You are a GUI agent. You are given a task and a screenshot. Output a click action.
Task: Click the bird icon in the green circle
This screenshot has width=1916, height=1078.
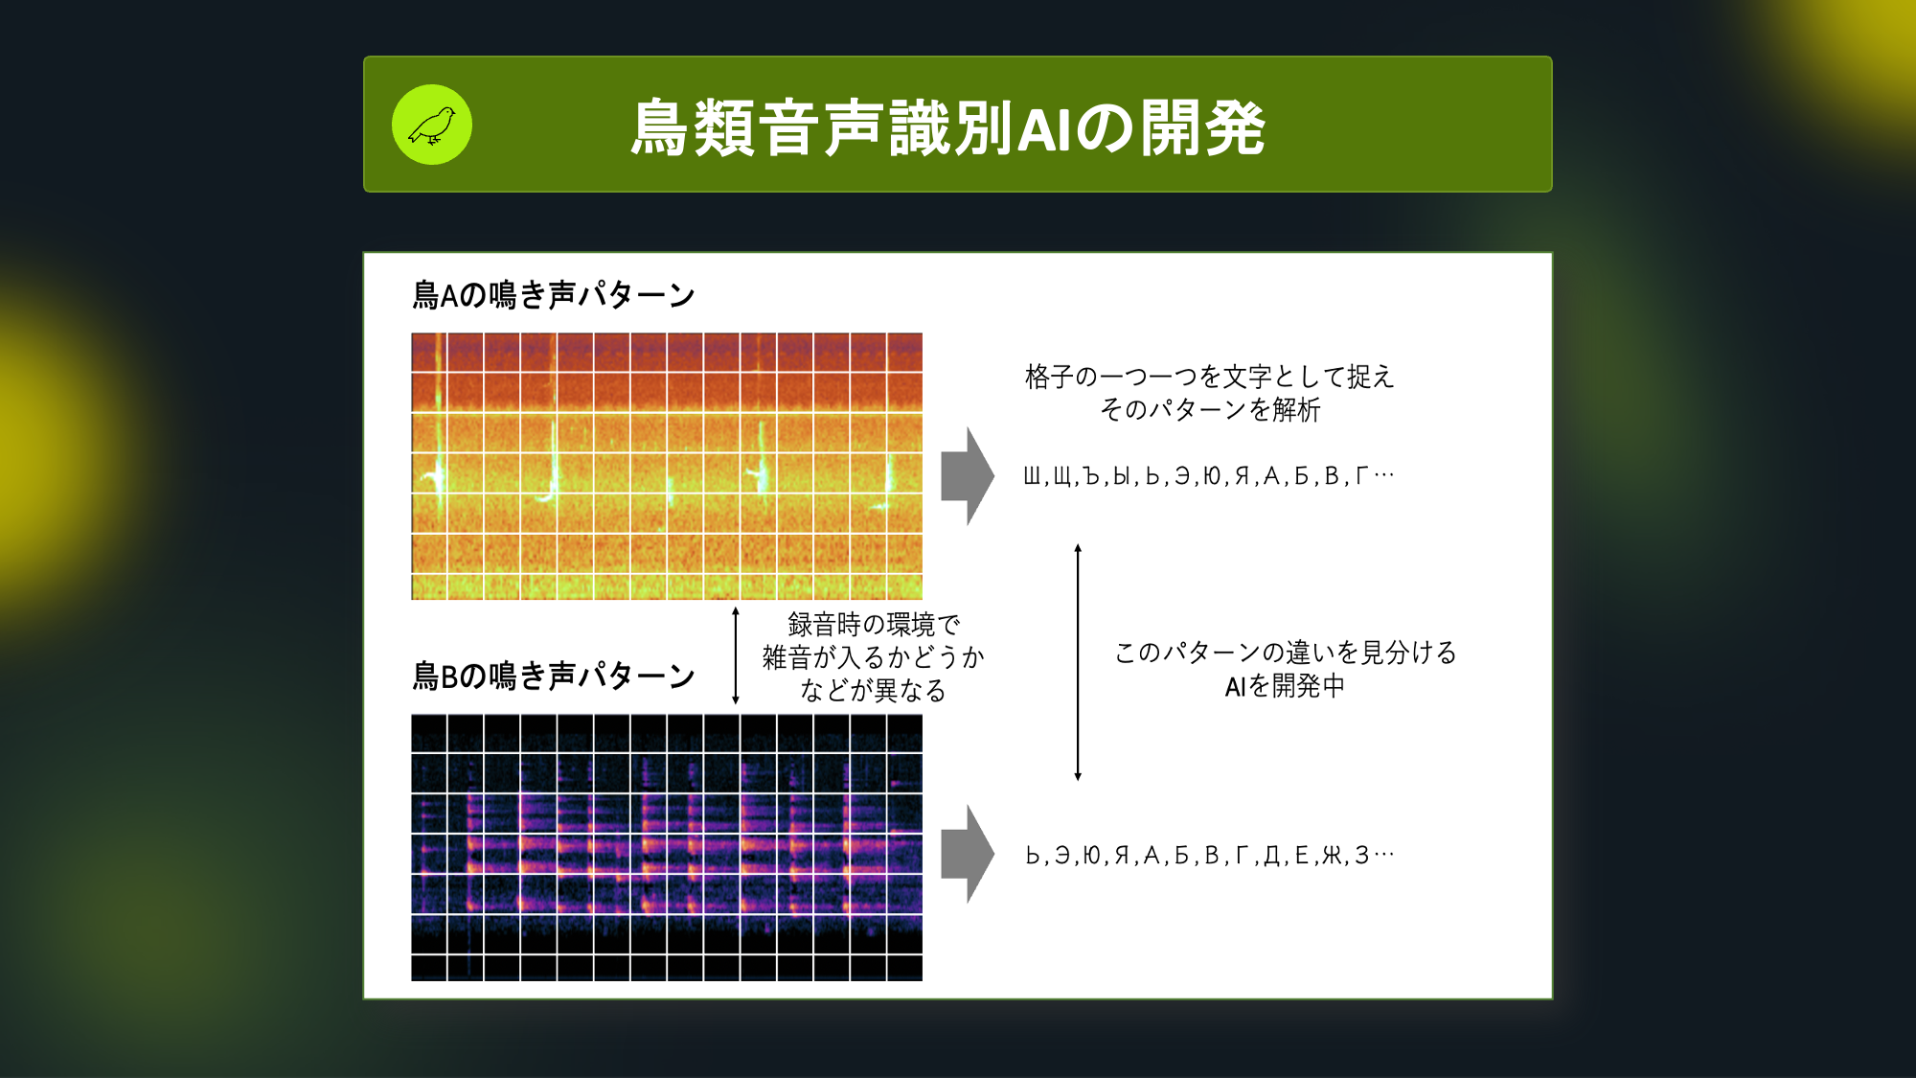point(432,126)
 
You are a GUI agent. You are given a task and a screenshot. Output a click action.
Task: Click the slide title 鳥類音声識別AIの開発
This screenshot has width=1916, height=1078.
point(947,127)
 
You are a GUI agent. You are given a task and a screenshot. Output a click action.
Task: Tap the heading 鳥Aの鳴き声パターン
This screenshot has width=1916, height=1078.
point(554,295)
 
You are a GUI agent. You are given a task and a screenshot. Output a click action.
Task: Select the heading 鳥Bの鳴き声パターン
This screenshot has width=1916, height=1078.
point(554,677)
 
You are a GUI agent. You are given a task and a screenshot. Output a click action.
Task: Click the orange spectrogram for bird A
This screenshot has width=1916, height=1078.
point(667,467)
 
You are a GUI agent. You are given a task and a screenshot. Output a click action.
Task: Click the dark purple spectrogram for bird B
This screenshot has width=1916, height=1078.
point(667,847)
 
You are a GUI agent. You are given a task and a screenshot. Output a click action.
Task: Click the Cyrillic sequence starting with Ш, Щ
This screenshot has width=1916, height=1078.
point(1209,476)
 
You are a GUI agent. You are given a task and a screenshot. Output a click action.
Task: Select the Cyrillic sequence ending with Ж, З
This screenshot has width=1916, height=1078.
point(1209,856)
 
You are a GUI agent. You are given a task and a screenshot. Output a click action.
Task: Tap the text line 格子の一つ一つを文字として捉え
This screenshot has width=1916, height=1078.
point(1209,377)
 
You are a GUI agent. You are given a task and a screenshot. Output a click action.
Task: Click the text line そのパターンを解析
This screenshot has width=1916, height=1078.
point(1210,410)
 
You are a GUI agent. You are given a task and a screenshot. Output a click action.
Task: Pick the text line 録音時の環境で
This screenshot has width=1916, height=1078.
point(874,625)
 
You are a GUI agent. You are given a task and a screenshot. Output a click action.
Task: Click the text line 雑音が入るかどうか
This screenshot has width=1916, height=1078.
point(874,657)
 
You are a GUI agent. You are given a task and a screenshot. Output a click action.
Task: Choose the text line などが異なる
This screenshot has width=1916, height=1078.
point(874,691)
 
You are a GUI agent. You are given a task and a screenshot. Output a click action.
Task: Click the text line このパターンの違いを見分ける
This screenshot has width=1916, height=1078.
point(1286,653)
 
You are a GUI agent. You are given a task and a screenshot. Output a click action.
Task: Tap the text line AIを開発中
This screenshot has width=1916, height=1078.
point(1285,686)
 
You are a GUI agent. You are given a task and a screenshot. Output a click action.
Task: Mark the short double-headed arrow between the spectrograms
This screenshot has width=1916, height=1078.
point(736,655)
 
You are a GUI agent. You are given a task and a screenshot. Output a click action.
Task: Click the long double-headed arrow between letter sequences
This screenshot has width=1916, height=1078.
point(1078,662)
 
